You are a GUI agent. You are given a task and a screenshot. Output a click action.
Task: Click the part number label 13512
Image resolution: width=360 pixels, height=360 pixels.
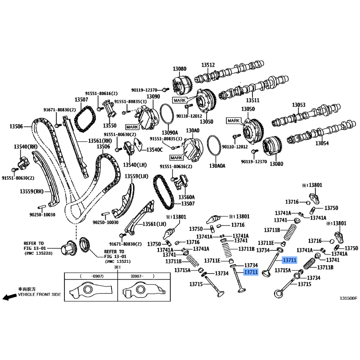208,65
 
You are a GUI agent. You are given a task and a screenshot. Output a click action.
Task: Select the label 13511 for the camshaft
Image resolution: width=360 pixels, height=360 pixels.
252,100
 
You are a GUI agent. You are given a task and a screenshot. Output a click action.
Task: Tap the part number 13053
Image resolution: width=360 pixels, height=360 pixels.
298,105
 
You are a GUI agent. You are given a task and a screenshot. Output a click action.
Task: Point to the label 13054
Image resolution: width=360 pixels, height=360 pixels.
322,144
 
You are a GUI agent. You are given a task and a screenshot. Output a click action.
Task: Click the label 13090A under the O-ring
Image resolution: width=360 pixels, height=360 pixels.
171,132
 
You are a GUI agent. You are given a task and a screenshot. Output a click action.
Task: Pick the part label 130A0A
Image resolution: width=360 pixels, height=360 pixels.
218,166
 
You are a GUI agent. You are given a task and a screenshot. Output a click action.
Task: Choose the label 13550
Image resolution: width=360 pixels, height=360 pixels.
109,126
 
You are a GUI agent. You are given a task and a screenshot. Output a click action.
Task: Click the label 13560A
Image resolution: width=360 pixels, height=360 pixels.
187,197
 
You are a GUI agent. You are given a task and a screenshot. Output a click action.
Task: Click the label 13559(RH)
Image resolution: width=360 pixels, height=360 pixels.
32,191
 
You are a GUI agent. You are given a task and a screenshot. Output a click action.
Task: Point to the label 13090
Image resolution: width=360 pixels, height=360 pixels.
153,97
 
